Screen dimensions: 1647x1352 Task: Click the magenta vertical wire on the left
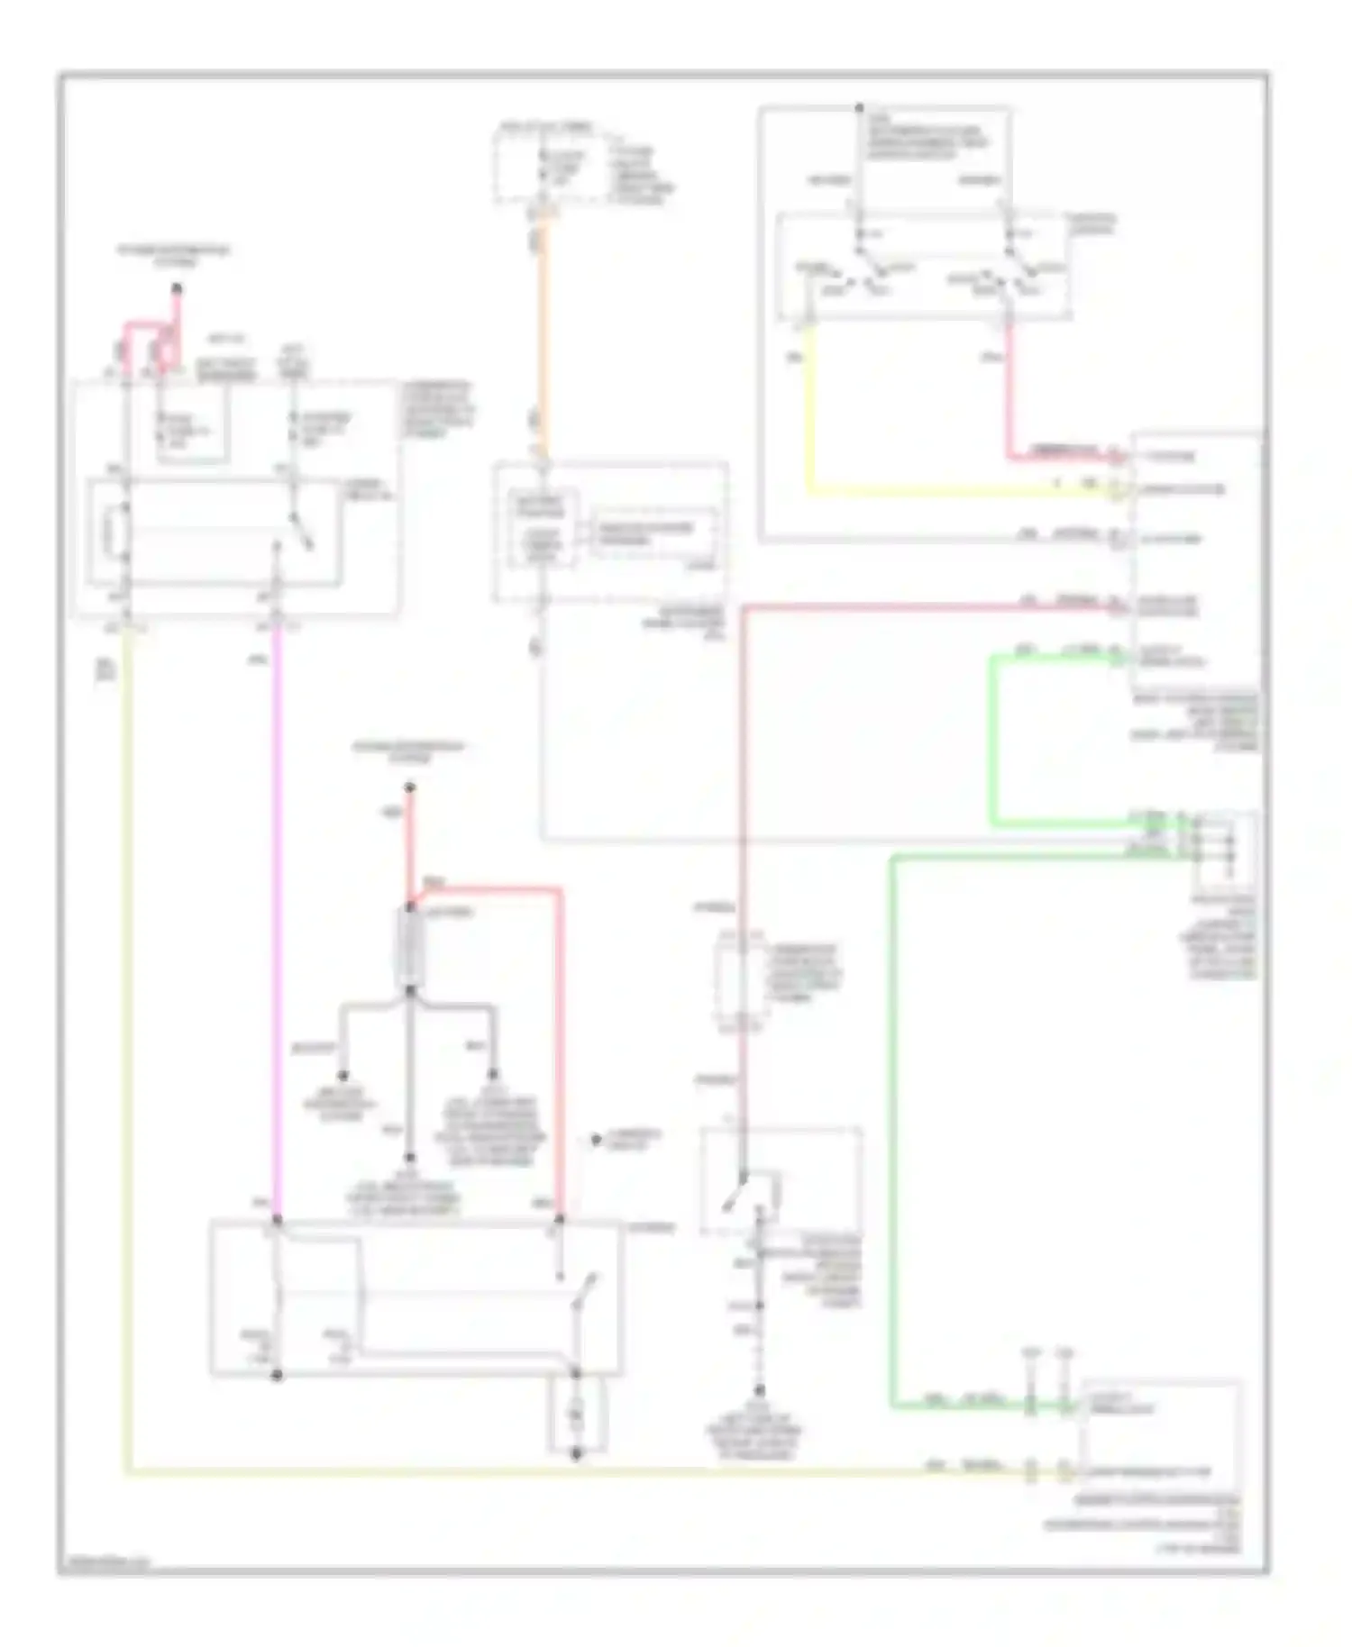coord(275,901)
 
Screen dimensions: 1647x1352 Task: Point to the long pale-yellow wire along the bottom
coord(541,1474)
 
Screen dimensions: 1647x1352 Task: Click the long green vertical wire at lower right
coord(893,1126)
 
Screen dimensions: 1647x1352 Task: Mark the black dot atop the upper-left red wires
coord(177,289)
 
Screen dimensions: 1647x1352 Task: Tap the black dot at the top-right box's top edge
coord(860,106)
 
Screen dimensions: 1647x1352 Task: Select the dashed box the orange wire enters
coord(611,532)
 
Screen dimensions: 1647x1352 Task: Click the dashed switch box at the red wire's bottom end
coord(781,1180)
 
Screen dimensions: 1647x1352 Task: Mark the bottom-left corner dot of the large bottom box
coord(278,1376)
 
